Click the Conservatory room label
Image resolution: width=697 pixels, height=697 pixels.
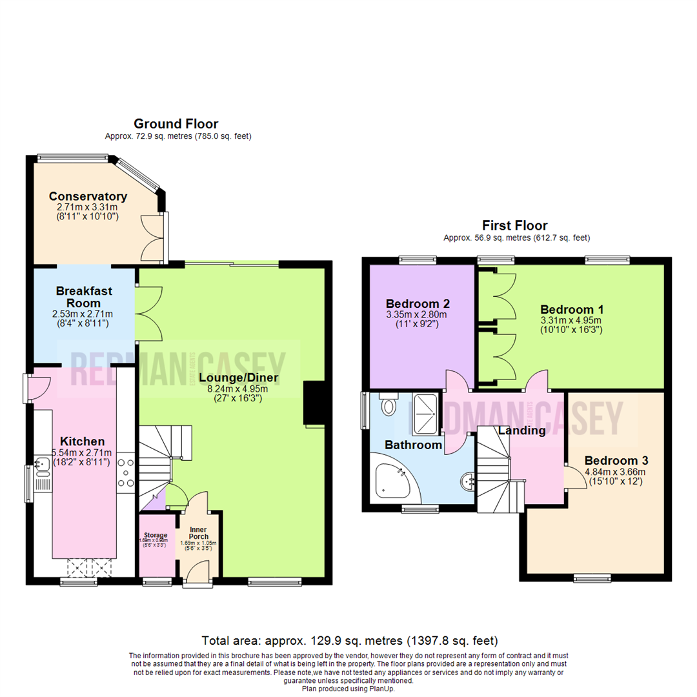88,196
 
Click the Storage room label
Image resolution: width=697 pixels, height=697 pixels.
156,535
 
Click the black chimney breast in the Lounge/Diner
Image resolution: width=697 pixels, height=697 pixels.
314,404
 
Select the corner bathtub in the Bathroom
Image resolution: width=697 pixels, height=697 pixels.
392,481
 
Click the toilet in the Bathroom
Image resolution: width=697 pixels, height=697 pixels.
389,405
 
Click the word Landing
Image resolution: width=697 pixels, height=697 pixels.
521,430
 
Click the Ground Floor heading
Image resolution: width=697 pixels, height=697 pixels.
176,123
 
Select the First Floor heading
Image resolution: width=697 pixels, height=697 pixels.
514,225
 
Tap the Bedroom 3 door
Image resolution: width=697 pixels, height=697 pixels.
571,478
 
